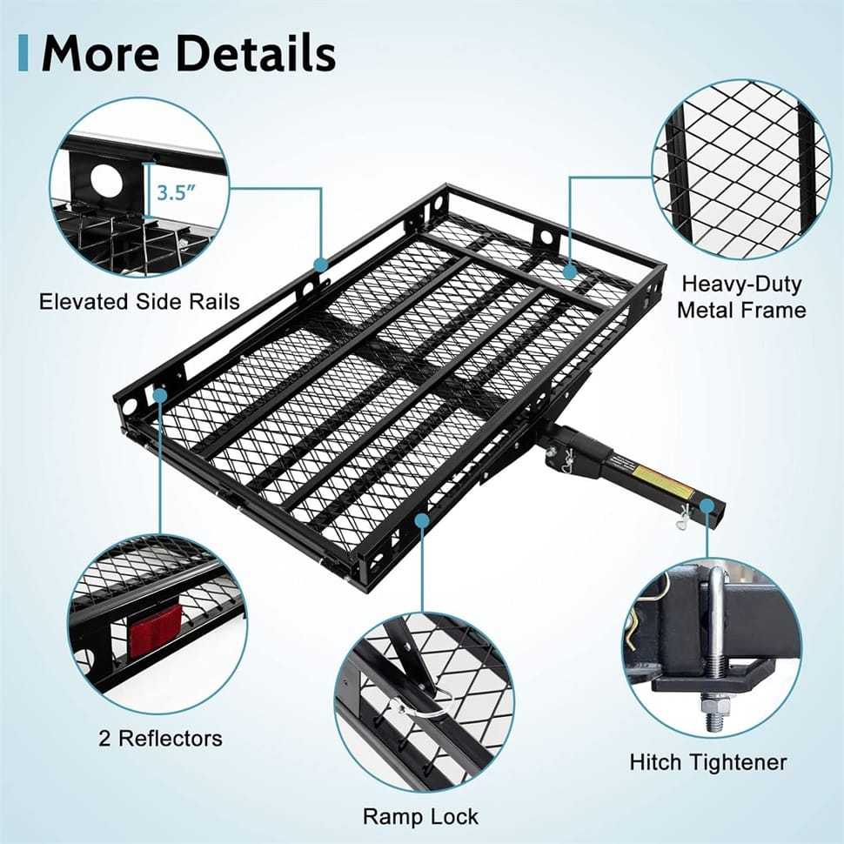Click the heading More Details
point(188,53)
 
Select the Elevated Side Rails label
point(139,302)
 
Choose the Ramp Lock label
point(421,816)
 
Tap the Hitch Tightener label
point(708,762)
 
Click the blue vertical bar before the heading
point(23,53)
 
